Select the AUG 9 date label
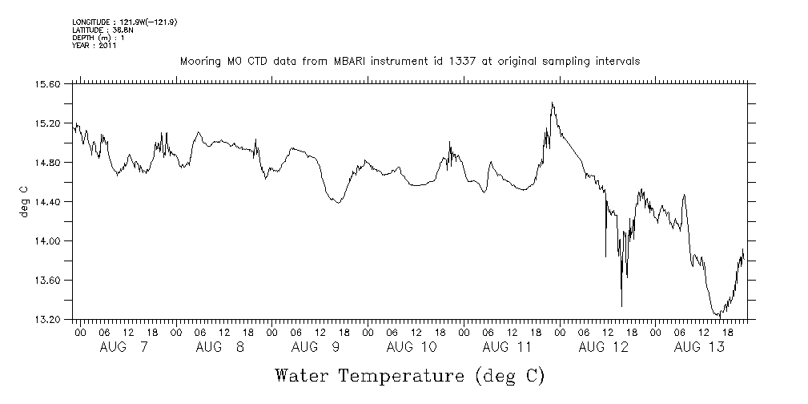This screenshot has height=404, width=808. click(x=315, y=347)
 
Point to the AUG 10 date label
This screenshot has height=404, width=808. click(x=412, y=347)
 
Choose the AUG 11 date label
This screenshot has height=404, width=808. click(x=508, y=347)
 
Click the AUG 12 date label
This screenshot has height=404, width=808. click(x=604, y=347)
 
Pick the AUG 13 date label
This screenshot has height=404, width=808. click(x=700, y=347)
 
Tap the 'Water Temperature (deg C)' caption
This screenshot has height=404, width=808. click(x=410, y=375)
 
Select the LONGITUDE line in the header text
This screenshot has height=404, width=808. click(x=124, y=22)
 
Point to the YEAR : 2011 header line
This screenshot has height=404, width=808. click(x=94, y=46)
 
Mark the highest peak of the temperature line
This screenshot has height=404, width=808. click(x=552, y=103)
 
